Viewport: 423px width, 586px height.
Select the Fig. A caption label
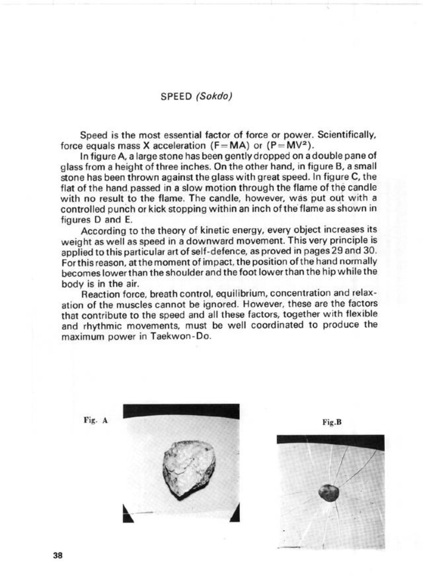[96, 420]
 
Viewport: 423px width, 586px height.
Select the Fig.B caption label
[332, 422]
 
